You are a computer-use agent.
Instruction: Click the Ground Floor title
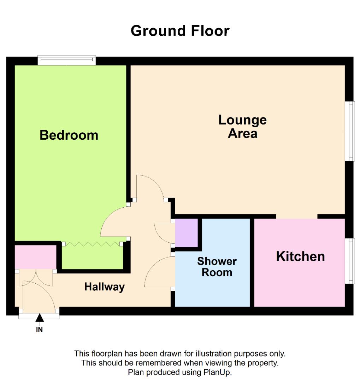tap(180, 31)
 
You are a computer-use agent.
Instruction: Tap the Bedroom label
tap(69, 135)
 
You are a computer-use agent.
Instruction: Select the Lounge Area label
tap(242, 126)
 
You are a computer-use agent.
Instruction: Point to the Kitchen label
tap(300, 256)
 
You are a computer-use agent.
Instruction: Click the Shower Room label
tap(217, 267)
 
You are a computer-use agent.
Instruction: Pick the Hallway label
tap(104, 286)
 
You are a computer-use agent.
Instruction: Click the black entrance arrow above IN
tap(40, 318)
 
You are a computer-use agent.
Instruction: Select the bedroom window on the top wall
tap(67, 60)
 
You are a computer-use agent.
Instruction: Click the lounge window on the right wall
tap(350, 131)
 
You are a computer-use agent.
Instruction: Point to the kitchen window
tap(350, 261)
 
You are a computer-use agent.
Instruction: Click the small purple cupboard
tap(187, 232)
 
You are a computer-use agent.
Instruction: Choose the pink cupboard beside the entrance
tap(35, 256)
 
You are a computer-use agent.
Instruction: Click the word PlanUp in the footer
tap(217, 372)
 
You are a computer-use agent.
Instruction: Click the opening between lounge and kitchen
tap(296, 216)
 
